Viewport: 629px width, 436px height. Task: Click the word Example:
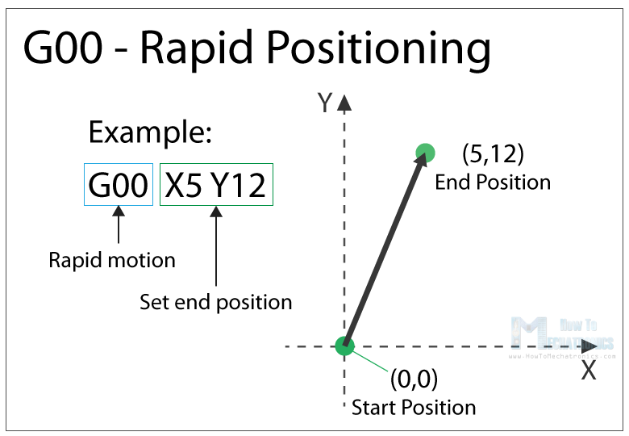(x=149, y=132)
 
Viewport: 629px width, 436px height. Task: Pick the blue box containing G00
(x=119, y=185)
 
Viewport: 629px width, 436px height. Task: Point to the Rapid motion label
(x=112, y=260)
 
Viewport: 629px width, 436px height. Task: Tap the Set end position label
(x=215, y=302)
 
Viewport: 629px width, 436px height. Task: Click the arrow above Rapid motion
(x=119, y=227)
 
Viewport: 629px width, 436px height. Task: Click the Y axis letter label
(x=325, y=103)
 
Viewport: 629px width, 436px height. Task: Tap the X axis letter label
(x=589, y=371)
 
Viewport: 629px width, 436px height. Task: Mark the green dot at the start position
(x=344, y=346)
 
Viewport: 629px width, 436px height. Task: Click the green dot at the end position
(x=425, y=153)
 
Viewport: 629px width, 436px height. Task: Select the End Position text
(x=492, y=182)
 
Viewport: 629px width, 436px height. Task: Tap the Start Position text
(x=413, y=406)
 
